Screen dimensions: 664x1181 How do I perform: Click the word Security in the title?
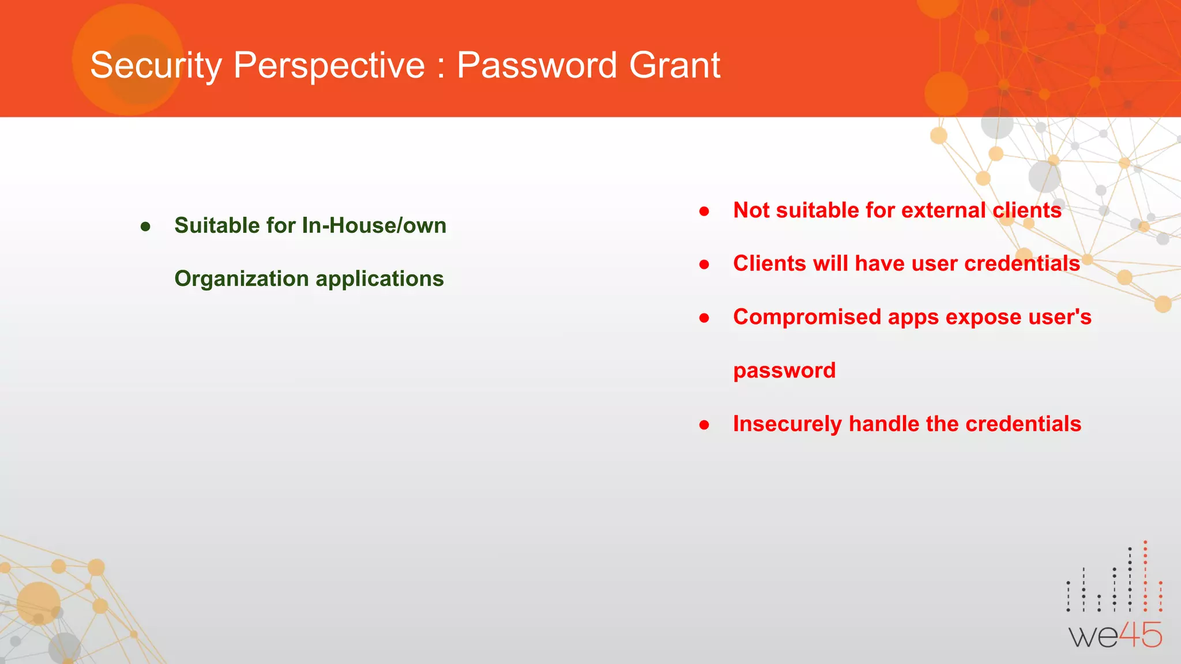[x=156, y=65]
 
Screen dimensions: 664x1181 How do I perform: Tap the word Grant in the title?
[x=675, y=65]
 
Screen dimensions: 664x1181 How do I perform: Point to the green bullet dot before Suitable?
[x=145, y=227]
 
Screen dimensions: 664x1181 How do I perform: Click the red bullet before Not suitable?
[x=704, y=212]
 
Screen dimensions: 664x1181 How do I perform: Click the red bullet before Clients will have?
[x=704, y=265]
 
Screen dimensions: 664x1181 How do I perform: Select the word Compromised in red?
[x=807, y=317]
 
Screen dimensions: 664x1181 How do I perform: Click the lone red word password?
[x=784, y=371]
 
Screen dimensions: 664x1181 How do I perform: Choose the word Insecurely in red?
[x=787, y=424]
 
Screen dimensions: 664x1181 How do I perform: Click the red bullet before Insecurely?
[x=704, y=425]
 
